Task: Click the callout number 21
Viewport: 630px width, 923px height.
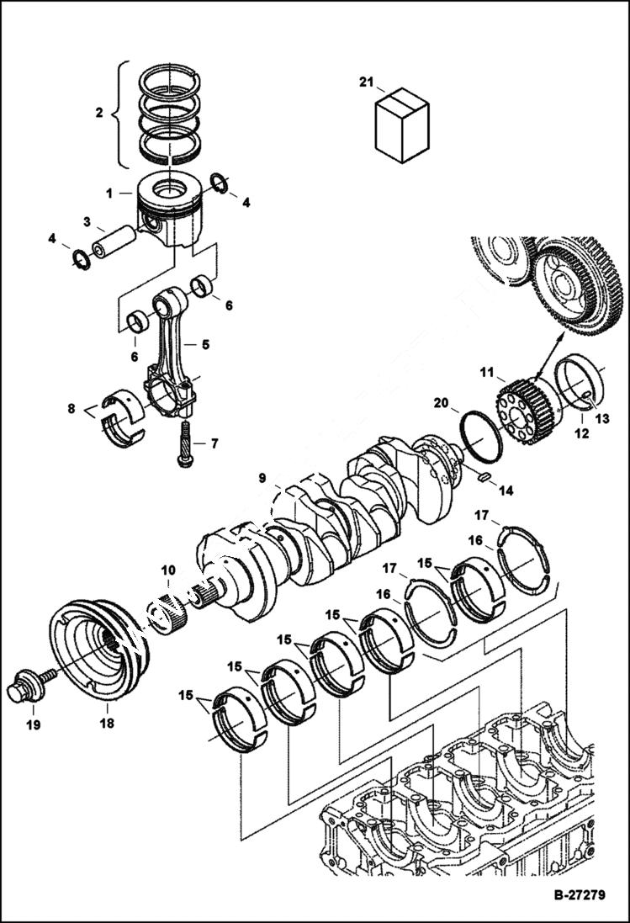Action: click(365, 82)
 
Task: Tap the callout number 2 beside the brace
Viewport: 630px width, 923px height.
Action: click(98, 111)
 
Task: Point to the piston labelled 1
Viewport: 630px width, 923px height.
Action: click(176, 210)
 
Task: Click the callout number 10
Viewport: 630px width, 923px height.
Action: click(168, 570)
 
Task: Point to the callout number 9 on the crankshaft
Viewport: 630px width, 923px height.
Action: click(263, 478)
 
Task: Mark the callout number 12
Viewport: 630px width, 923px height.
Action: click(580, 436)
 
